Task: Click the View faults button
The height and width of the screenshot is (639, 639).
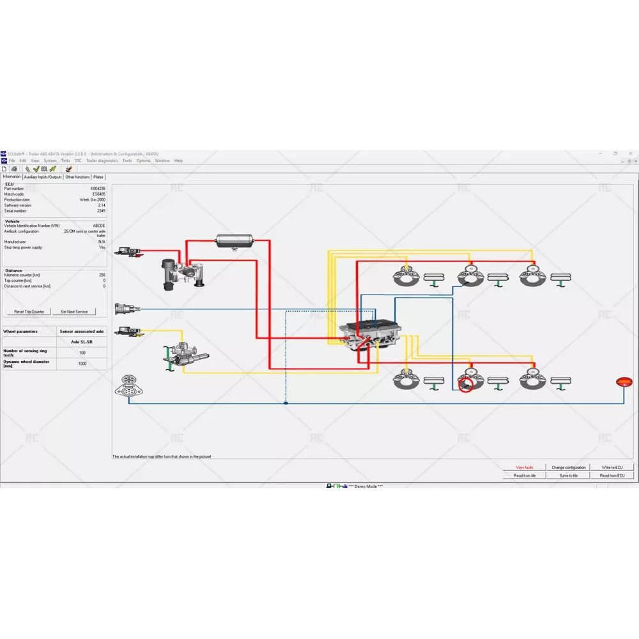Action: [524, 468]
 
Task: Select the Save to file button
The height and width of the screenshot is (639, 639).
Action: [568, 475]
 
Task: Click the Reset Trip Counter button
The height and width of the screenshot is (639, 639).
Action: [29, 312]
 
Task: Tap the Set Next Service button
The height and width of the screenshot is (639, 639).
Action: [74, 312]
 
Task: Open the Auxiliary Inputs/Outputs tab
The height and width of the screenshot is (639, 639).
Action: [43, 177]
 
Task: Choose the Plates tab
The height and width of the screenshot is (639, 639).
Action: [98, 177]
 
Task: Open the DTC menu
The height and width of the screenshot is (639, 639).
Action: [78, 161]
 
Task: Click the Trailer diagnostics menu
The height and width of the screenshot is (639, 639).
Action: [102, 161]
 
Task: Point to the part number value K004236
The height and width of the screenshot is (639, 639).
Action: [98, 189]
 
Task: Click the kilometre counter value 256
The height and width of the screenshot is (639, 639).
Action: [102, 275]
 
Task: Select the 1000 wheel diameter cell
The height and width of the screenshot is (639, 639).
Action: [82, 364]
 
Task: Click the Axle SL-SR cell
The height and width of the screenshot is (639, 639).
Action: [82, 342]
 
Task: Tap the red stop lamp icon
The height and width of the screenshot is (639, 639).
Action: [623, 382]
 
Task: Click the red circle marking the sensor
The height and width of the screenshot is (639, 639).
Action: [465, 385]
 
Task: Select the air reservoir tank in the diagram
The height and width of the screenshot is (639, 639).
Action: [235, 241]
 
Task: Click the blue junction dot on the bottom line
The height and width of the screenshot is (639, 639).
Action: [286, 403]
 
